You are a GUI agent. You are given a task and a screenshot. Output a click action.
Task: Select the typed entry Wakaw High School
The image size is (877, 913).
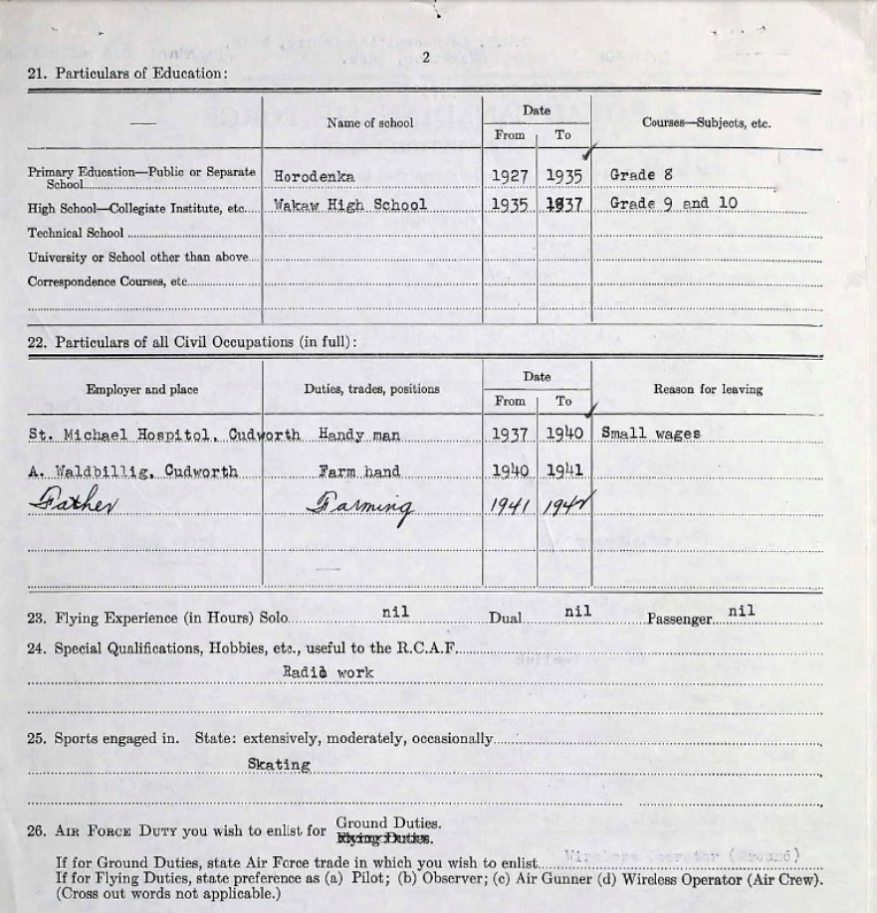pyautogui.click(x=350, y=205)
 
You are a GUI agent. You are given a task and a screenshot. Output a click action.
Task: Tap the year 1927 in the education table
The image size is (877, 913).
pyautogui.click(x=509, y=176)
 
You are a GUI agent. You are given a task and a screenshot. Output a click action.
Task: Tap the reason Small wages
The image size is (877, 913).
pyautogui.click(x=651, y=434)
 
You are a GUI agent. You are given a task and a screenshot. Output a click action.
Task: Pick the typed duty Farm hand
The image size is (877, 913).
pyautogui.click(x=359, y=471)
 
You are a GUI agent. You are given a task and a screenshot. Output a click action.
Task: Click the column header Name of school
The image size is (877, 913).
pyautogui.click(x=370, y=123)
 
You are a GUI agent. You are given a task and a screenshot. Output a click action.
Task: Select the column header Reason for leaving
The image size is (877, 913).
pyautogui.click(x=707, y=389)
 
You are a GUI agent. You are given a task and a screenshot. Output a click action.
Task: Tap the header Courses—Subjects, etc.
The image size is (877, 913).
pyautogui.click(x=707, y=124)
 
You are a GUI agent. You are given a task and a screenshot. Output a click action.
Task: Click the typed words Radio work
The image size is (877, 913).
pyautogui.click(x=328, y=673)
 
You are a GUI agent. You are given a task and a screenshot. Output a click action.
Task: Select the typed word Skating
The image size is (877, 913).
pyautogui.click(x=279, y=765)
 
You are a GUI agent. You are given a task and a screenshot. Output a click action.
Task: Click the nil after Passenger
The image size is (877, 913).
pyautogui.click(x=741, y=611)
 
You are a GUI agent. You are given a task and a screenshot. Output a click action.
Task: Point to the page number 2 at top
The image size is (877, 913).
pyautogui.click(x=426, y=57)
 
